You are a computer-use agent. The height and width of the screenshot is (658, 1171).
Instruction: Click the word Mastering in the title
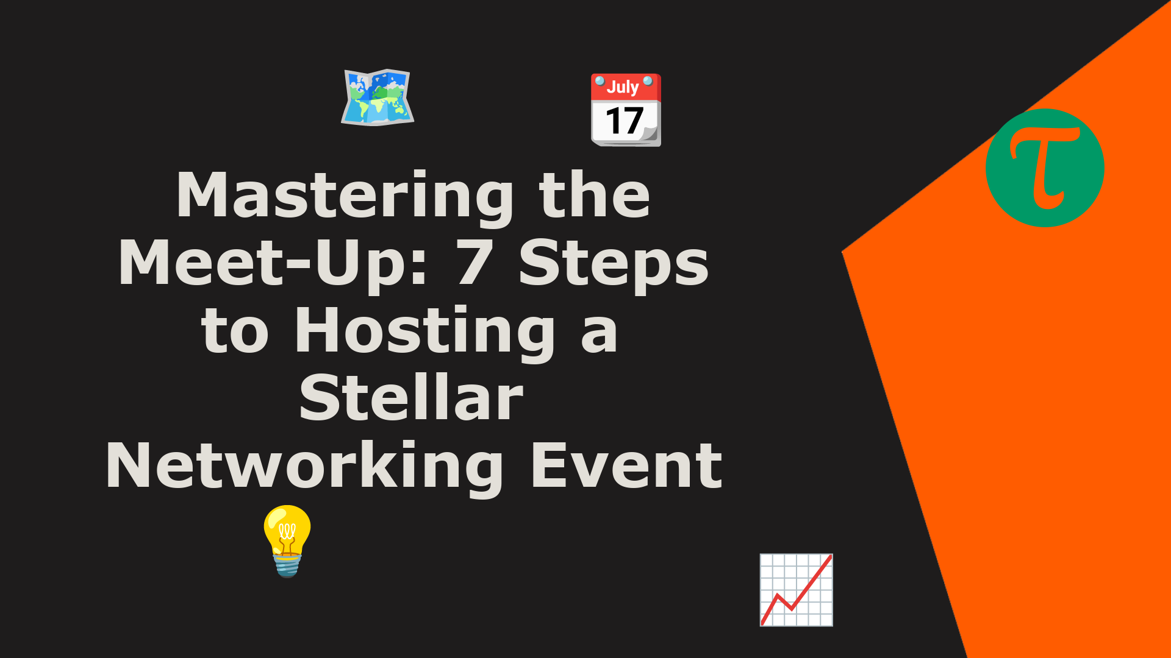pyautogui.click(x=345, y=196)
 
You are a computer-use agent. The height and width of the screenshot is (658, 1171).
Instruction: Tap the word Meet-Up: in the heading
pyautogui.click(x=273, y=264)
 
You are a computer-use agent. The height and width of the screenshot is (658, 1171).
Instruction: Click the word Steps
pyautogui.click(x=614, y=264)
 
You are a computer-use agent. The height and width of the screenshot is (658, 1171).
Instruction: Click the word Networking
pyautogui.click(x=304, y=467)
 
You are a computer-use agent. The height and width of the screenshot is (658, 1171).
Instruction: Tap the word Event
pyautogui.click(x=627, y=465)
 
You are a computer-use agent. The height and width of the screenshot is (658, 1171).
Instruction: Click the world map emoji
pyautogui.click(x=378, y=97)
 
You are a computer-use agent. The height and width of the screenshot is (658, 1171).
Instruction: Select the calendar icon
pyautogui.click(x=626, y=110)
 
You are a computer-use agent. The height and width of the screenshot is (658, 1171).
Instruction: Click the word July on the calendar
pyautogui.click(x=623, y=87)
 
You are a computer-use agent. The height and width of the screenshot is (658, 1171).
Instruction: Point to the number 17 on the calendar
pyautogui.click(x=625, y=121)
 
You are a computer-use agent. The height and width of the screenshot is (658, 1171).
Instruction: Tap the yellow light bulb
pyautogui.click(x=287, y=540)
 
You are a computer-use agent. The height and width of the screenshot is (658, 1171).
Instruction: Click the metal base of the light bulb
pyautogui.click(x=287, y=565)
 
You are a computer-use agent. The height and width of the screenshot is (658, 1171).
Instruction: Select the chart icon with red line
pyautogui.click(x=797, y=590)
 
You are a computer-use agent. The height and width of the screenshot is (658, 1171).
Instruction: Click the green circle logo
pyautogui.click(x=1045, y=168)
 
